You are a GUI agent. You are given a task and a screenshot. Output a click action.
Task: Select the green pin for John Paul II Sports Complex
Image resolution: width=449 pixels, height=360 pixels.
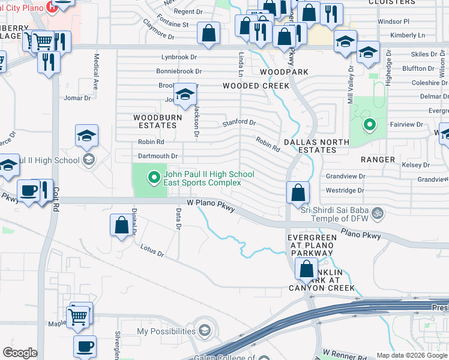153,177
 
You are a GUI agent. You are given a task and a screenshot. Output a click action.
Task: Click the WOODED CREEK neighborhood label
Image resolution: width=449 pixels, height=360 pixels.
256,86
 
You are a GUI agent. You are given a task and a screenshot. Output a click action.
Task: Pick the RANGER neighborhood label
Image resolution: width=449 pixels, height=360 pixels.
378,160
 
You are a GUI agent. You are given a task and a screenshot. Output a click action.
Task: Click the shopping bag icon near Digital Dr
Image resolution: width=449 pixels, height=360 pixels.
121,226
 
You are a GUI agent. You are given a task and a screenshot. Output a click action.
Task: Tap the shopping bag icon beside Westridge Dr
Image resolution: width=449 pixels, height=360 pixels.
298,193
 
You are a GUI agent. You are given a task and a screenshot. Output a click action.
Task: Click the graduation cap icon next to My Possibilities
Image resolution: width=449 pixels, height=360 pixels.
205,331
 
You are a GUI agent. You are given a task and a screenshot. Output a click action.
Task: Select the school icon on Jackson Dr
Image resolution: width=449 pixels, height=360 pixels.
185,95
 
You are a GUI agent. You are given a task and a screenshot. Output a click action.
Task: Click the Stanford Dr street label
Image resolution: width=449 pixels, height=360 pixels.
239,122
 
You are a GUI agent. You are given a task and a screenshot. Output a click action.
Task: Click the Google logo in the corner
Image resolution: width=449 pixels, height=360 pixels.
20,353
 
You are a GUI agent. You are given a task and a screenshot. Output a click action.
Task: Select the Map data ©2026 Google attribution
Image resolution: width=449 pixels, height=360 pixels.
412,355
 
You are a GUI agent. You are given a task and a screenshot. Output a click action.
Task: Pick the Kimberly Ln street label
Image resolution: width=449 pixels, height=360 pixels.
408,35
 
